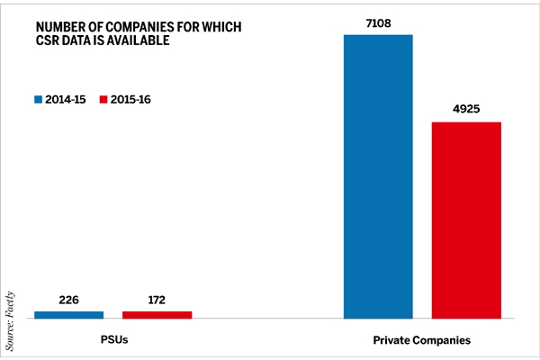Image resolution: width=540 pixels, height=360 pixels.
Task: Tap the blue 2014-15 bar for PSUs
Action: (x=68, y=314)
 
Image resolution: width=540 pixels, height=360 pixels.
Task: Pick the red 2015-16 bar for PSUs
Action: (x=157, y=314)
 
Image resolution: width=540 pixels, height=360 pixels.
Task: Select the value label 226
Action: (x=68, y=301)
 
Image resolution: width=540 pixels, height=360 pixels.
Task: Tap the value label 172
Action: (x=157, y=301)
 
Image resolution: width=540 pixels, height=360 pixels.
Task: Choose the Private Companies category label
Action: (x=421, y=342)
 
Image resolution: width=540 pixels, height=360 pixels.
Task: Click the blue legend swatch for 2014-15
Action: (x=39, y=98)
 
